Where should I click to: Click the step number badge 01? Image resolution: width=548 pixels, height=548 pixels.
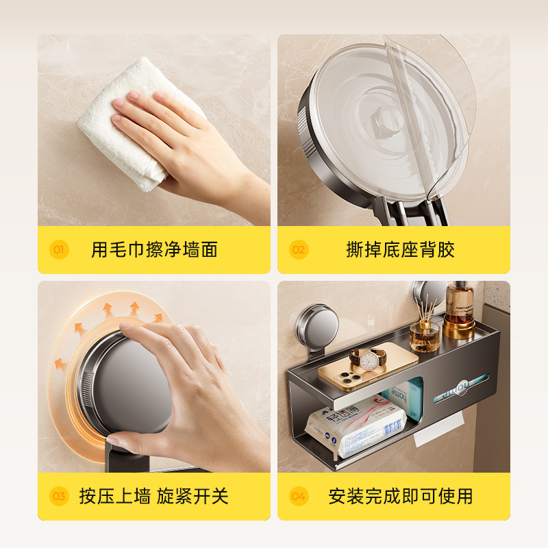coord(59,249)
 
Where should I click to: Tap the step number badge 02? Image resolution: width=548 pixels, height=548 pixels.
coord(299,249)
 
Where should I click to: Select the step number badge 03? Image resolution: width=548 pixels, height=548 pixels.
coord(59,496)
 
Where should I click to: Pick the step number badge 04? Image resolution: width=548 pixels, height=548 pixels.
coord(299,496)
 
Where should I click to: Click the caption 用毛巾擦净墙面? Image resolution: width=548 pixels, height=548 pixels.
coord(154,249)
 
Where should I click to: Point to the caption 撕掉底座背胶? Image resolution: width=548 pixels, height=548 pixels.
coord(400,249)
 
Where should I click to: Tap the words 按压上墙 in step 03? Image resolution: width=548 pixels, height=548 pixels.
coord(114,496)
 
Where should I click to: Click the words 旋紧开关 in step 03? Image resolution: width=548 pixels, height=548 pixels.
coord(192,496)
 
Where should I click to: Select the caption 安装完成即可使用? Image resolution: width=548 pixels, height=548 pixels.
coord(400,496)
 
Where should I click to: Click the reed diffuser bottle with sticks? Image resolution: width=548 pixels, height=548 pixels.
coord(424,332)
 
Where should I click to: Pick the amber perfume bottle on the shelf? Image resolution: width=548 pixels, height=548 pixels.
coord(459,308)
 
